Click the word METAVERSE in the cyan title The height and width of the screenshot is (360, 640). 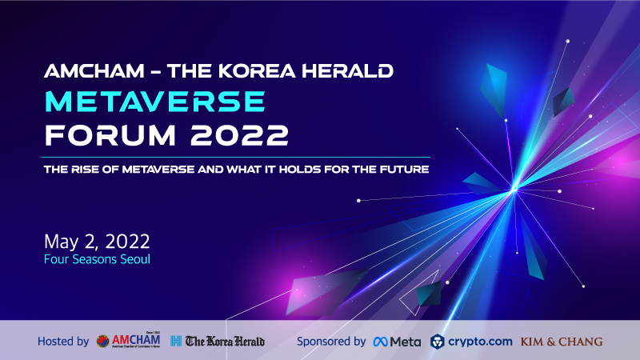155,102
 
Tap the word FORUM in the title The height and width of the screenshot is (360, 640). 110,135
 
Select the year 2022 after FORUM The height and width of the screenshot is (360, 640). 239,135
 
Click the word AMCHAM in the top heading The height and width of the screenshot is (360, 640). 94,71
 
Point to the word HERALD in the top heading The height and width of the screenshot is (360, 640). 347,71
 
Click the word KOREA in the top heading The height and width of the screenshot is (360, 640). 257,71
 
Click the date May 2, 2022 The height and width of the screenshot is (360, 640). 97,242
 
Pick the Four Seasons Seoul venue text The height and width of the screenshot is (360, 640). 97,259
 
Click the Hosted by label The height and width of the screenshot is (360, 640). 63,342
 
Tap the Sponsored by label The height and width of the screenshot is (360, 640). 331,342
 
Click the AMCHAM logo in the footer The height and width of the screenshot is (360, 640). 128,340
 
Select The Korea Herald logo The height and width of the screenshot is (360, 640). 225,342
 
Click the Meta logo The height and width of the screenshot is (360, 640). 397,342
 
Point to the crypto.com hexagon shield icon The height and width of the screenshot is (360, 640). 437,342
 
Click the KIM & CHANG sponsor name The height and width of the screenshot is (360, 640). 562,342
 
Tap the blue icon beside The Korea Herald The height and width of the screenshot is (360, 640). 176,342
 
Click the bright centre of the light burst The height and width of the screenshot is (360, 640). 514,190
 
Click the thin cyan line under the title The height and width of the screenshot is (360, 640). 235,157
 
